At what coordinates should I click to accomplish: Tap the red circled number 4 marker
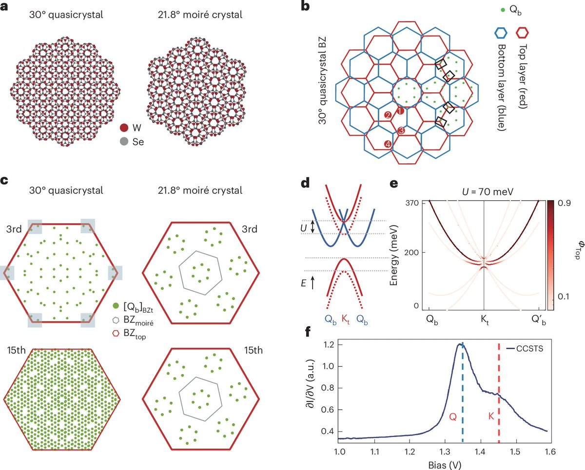point(388,144)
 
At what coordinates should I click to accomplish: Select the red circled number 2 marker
point(388,115)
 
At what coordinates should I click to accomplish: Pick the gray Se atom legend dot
point(125,142)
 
